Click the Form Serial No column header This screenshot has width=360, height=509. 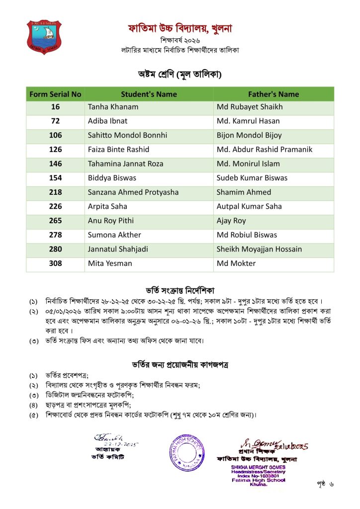click(x=55, y=94)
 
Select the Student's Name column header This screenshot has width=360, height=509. click(x=149, y=94)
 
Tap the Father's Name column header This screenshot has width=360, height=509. click(x=273, y=94)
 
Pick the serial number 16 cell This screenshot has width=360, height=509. click(x=55, y=107)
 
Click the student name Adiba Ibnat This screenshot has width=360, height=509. click(x=107, y=121)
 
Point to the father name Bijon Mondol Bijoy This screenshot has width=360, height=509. click(x=249, y=135)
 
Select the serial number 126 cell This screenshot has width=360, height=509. click(x=55, y=149)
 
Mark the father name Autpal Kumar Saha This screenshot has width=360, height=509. click(x=249, y=206)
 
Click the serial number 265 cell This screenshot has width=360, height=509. click(x=55, y=220)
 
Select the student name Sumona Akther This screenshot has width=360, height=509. click(x=114, y=235)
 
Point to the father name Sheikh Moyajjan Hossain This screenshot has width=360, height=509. click(x=259, y=249)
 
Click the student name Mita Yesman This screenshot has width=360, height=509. click(x=110, y=263)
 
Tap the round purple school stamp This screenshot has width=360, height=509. click(x=186, y=452)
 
